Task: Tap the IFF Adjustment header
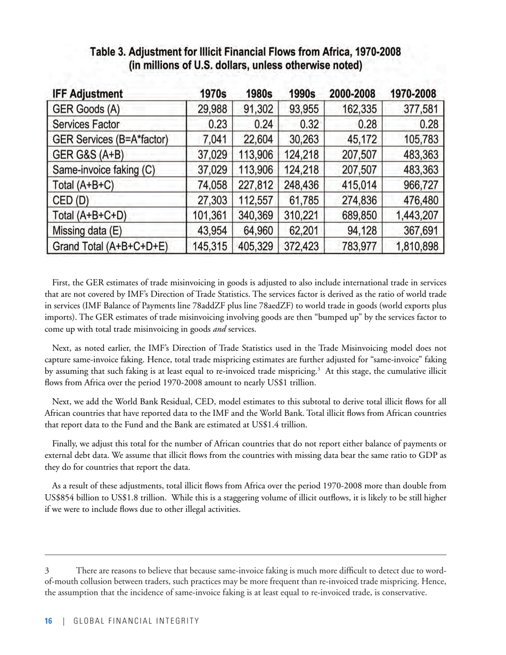[x=87, y=94]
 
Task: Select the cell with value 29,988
[x=209, y=110]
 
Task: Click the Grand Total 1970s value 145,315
[x=209, y=247]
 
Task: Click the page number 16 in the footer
[x=48, y=621]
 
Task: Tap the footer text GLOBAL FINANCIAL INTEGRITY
[x=136, y=621]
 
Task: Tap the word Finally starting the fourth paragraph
[x=66, y=444]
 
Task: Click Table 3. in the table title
[x=108, y=52]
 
